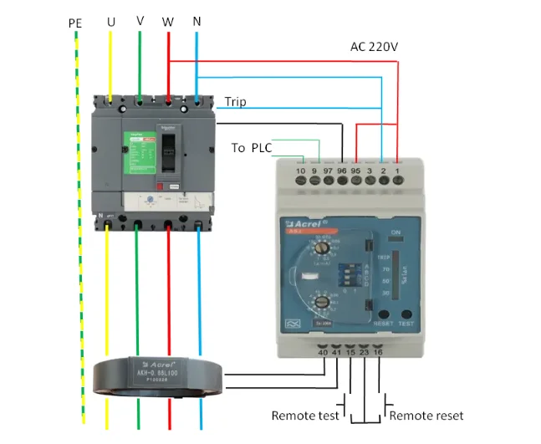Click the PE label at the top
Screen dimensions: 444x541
coord(75,23)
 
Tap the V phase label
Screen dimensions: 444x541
coord(140,19)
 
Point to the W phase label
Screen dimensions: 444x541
coord(168,21)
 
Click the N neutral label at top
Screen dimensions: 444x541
coord(196,20)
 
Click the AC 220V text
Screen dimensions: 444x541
coord(373,47)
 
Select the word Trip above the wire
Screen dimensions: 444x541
coord(235,102)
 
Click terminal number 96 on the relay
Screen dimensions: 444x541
coord(342,171)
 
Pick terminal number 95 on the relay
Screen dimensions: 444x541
coord(356,171)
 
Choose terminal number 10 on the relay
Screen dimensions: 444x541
coord(300,171)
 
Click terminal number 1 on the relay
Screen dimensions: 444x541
coord(397,171)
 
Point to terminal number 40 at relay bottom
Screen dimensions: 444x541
coord(323,354)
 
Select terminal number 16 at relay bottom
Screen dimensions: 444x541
coord(379,354)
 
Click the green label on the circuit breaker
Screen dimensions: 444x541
coord(140,154)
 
